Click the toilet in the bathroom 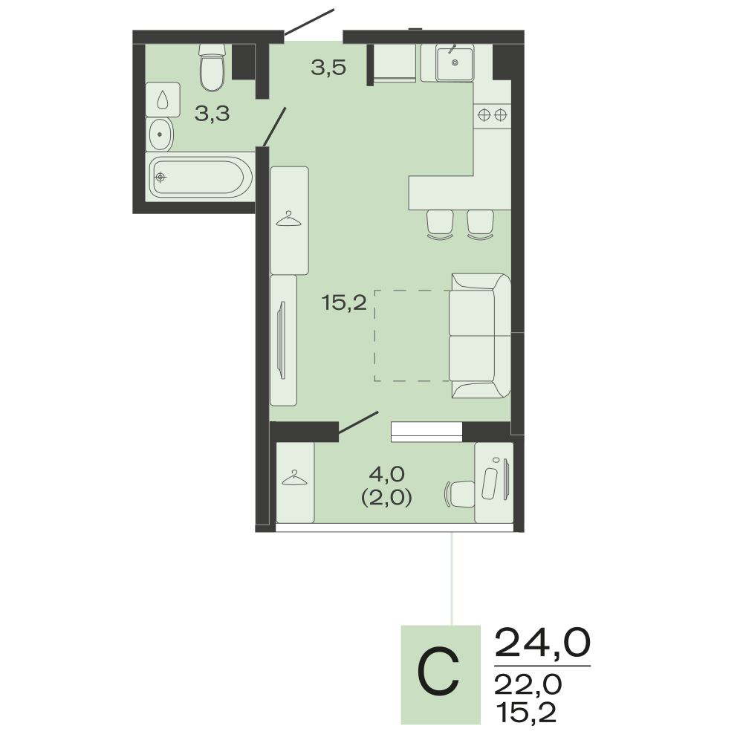click(x=211, y=68)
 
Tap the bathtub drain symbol click(x=160, y=178)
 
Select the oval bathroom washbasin click(x=160, y=134)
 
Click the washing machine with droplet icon click(x=163, y=100)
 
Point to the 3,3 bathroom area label click(x=212, y=114)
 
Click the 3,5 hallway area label click(x=328, y=68)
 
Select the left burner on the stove click(x=484, y=114)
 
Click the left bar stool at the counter click(x=440, y=224)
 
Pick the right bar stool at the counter click(x=480, y=224)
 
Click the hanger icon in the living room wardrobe click(x=288, y=218)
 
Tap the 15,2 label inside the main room click(x=344, y=302)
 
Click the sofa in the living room click(x=479, y=336)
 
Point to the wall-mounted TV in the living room click(x=282, y=340)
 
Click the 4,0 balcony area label click(x=386, y=473)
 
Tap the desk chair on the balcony click(x=460, y=494)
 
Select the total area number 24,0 click(x=542, y=643)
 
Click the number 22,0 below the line click(x=528, y=685)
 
